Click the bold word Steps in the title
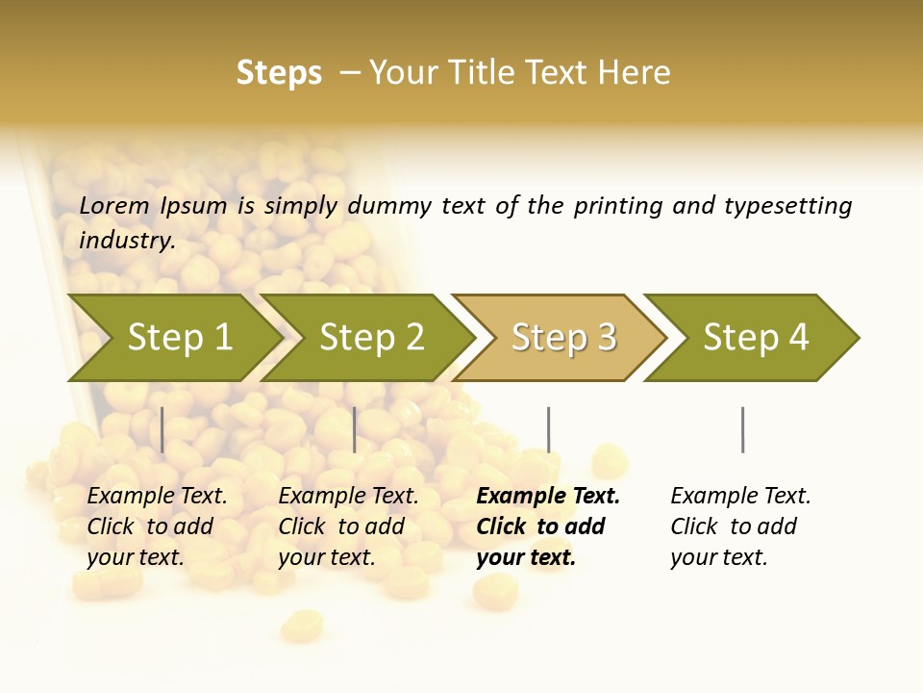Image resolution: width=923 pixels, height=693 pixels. click(279, 73)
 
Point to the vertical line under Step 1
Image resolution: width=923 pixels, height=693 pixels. click(162, 429)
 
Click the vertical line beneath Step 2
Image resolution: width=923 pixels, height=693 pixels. click(355, 429)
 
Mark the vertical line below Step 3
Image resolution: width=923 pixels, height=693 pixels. click(548, 429)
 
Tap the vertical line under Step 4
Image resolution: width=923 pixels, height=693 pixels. click(742, 429)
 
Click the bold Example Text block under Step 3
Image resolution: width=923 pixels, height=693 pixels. click(548, 526)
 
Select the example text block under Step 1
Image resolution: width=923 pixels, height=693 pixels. click(157, 526)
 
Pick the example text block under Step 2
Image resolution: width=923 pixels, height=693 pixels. click(348, 526)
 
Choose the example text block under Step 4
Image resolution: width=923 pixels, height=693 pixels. click(740, 526)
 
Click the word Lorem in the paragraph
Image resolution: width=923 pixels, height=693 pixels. click(114, 206)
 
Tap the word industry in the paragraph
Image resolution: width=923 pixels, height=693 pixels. click(126, 241)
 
